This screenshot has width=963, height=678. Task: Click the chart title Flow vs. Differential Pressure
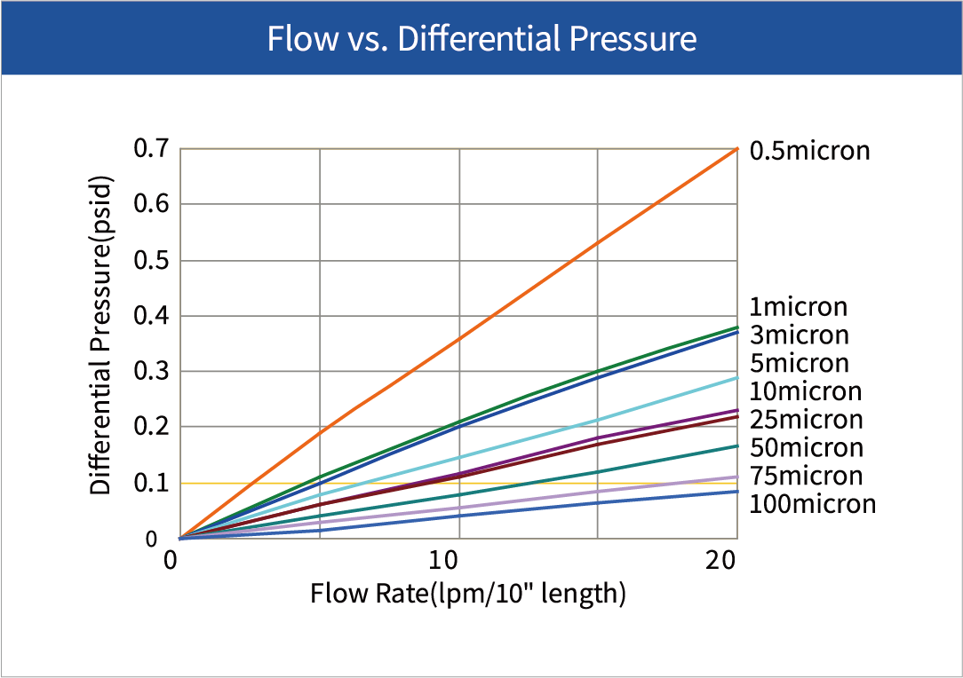coord(481,39)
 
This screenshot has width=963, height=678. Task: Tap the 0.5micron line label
coord(809,151)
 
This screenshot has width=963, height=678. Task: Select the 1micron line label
coord(798,307)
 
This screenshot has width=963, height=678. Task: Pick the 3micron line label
coord(799,335)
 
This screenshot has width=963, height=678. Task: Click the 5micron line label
coord(799,363)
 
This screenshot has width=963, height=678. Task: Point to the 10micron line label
coord(805,391)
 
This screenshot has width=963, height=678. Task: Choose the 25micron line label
coord(806,419)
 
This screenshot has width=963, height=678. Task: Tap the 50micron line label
coord(806,447)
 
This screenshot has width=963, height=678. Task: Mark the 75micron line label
coord(806,476)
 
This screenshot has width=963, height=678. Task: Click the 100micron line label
coord(812,504)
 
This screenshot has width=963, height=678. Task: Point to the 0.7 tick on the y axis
coord(151,149)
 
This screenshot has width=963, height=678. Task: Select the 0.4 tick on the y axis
coord(151,316)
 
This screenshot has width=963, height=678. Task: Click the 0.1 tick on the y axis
coord(151,483)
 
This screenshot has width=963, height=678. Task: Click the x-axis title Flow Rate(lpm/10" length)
coord(468,594)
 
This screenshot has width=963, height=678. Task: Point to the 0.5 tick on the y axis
coord(151,260)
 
